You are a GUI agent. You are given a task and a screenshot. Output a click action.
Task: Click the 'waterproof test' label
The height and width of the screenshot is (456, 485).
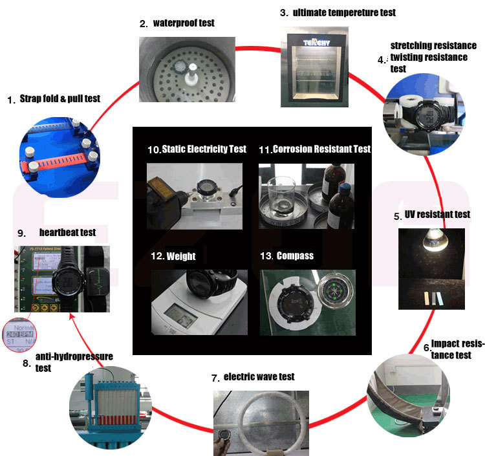(x=184, y=23)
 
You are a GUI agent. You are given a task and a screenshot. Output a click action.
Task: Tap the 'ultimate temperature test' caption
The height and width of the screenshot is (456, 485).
(x=345, y=12)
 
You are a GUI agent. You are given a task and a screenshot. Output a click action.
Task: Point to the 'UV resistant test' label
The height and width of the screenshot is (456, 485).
(x=437, y=214)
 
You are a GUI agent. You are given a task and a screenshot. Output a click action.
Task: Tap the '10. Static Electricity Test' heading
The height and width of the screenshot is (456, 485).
(x=197, y=149)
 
